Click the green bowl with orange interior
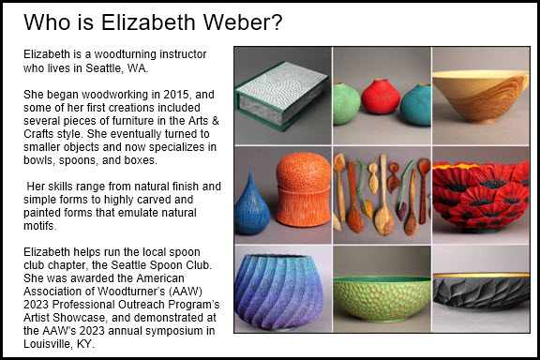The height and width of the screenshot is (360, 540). [x=380, y=300]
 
